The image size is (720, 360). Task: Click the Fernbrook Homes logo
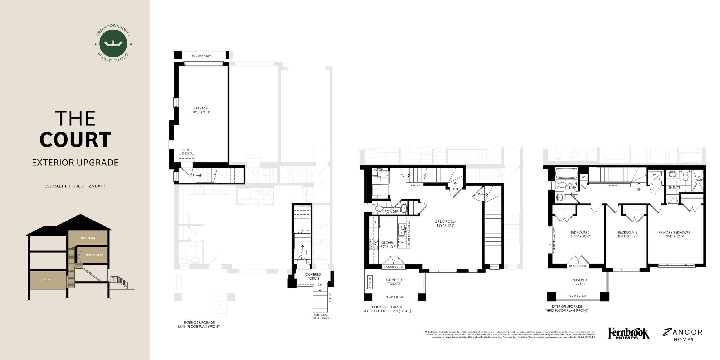629,334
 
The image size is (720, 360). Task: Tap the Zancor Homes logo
683,335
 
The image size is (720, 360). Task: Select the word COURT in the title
75,140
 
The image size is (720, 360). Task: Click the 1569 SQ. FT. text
56,186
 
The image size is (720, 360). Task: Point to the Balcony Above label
202,56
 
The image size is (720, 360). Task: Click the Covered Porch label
313,276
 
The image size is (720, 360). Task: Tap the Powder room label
391,211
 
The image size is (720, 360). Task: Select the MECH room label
378,170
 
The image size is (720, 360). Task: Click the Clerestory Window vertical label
554,241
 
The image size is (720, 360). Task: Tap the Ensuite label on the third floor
674,188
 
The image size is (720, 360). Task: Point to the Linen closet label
583,177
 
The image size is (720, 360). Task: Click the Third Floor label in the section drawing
88,238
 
